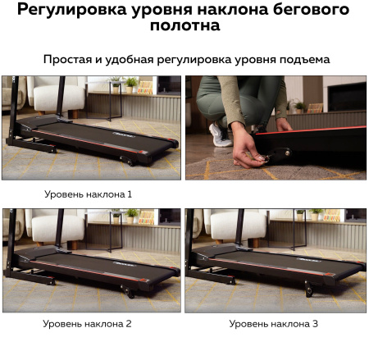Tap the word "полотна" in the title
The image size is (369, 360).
(184, 26)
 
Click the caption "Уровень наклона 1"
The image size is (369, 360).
(88, 194)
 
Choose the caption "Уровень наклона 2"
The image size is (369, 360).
(88, 324)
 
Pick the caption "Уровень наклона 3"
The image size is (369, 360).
(273, 324)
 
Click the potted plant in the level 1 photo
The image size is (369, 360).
(131, 84)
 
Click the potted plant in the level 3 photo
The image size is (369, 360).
(316, 215)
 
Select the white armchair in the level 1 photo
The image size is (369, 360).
(56, 95)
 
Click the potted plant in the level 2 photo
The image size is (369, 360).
(131, 215)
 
